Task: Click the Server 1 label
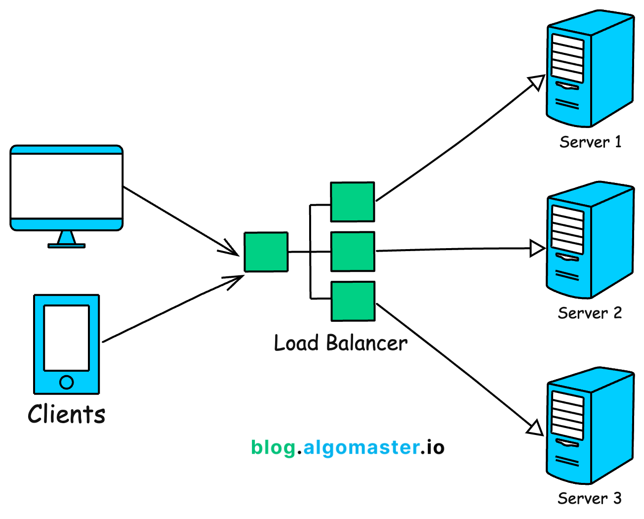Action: pos(590,142)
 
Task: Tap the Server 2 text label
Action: pos(590,313)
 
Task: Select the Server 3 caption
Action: pos(590,498)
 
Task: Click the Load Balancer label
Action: pos(341,343)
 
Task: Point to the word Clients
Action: pos(67,414)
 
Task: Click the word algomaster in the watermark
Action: pos(361,447)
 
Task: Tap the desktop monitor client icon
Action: pos(67,188)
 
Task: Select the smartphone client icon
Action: pos(67,344)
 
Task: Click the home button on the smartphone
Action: pos(67,382)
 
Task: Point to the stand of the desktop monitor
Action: pos(67,240)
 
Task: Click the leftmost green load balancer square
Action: pos(266,252)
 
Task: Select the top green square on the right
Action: pos(353,202)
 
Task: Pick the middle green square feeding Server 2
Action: pos(353,252)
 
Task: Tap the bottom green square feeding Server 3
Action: pos(353,301)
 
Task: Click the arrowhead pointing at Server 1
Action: pos(537,82)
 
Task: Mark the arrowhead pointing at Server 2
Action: pos(537,248)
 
